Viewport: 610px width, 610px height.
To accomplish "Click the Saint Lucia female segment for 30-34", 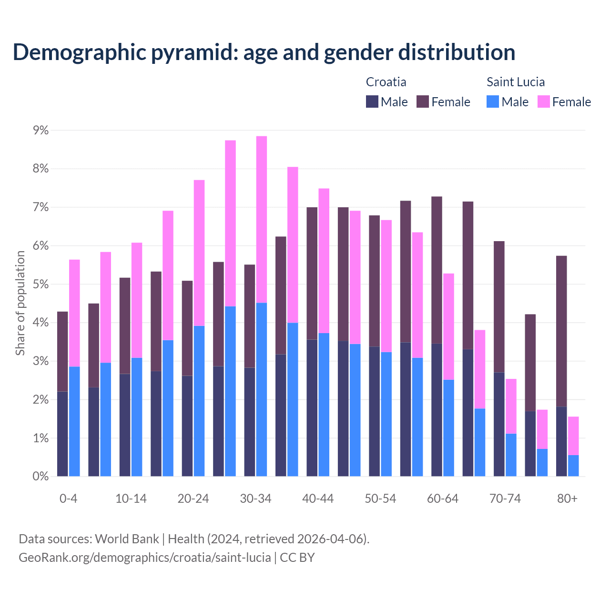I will click(x=262, y=219).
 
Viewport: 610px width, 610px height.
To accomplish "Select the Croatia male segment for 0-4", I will click(x=62, y=434).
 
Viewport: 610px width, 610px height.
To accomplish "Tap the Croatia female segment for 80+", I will click(x=561, y=331).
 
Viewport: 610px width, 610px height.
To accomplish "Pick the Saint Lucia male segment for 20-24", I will click(x=199, y=401).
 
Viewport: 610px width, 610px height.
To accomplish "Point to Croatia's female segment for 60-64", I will click(x=437, y=270).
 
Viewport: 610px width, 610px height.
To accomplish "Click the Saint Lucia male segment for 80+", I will click(x=573, y=466).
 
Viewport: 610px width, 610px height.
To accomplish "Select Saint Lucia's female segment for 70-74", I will click(x=511, y=406).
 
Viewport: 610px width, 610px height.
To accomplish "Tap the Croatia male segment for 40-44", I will click(x=312, y=407).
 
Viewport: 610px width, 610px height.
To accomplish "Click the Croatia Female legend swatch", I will click(x=423, y=102).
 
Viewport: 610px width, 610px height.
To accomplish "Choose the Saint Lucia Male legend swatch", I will click(x=493, y=102).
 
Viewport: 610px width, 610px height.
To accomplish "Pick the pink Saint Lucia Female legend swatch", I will click(x=543, y=102).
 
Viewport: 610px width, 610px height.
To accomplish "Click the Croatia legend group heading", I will click(x=386, y=82).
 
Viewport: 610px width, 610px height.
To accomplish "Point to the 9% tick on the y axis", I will click(x=40, y=130).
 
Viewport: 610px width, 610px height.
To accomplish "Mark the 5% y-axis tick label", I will click(x=40, y=285).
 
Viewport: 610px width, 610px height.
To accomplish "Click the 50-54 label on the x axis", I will click(x=380, y=499).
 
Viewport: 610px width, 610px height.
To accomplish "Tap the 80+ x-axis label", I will click(x=567, y=499).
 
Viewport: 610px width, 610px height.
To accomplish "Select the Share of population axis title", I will click(x=20, y=303).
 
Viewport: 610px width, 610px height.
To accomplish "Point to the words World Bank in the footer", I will click(x=127, y=539).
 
